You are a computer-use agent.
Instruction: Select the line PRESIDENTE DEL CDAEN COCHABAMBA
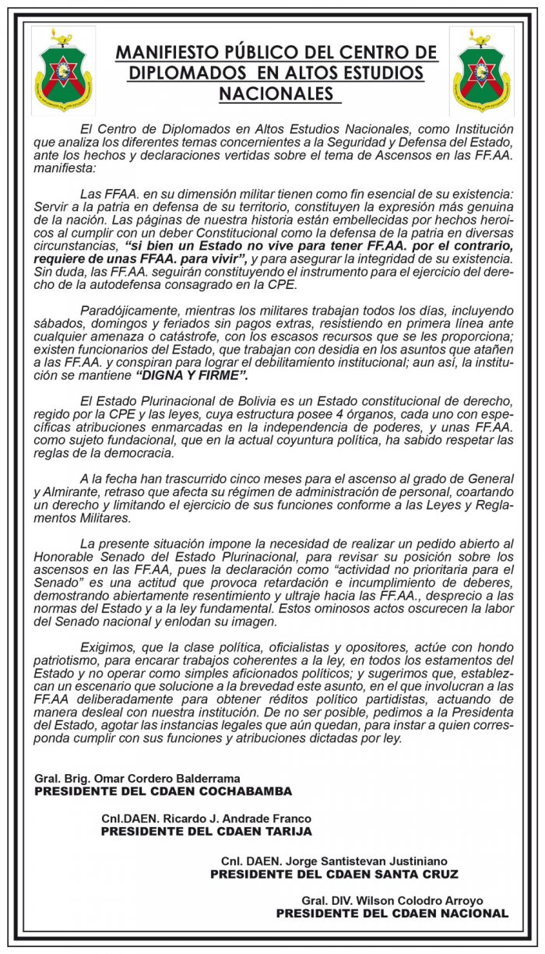(163, 791)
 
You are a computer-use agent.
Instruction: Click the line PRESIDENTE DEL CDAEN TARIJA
(206, 832)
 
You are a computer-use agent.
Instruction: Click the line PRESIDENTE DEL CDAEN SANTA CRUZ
(334, 875)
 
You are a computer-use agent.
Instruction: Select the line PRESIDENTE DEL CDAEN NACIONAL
(392, 914)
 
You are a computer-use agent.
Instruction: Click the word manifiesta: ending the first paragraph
(63, 167)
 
